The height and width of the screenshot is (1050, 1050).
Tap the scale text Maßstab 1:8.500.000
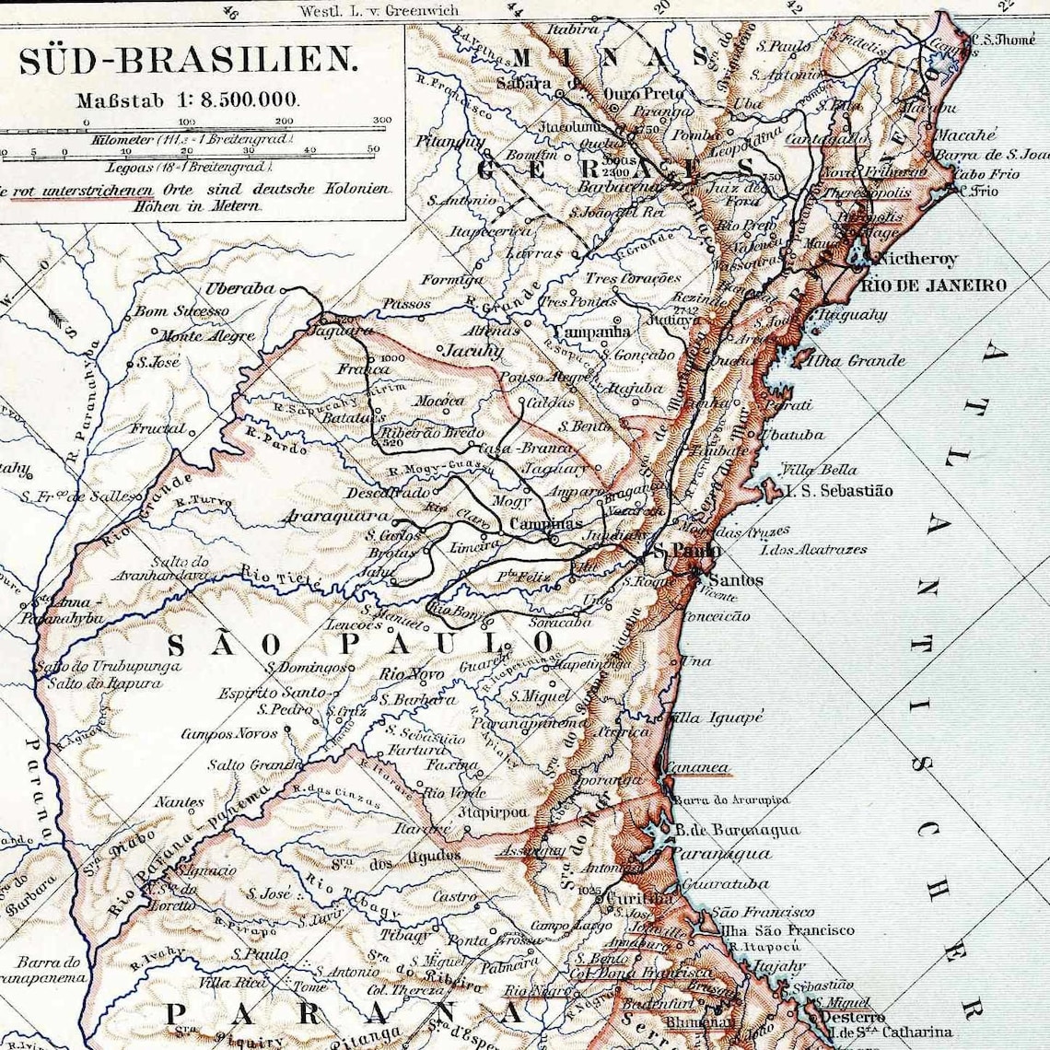point(188,99)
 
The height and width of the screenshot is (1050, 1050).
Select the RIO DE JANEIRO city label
point(933,286)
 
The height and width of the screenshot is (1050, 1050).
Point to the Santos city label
point(736,580)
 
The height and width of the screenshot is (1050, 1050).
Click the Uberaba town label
point(239,288)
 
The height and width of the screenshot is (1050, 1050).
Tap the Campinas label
point(545,524)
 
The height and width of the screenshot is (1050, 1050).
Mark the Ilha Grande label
point(855,361)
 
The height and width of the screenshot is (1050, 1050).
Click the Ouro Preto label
point(644,94)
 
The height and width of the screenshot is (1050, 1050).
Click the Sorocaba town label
point(559,623)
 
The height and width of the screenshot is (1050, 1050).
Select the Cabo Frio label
point(986,174)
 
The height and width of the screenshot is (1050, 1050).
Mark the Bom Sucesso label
point(181,311)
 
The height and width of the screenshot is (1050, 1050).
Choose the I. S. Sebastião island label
point(838,491)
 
